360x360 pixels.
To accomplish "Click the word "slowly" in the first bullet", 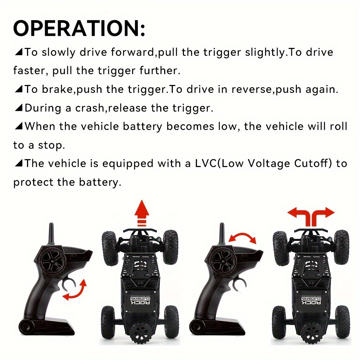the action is (58, 53).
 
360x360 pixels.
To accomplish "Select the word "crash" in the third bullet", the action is (90, 108).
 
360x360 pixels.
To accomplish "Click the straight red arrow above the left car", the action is (141, 213).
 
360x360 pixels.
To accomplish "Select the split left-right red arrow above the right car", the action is (311, 216).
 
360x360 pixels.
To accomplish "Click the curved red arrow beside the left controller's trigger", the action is (75, 290).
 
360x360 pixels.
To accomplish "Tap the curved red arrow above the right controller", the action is (242, 237).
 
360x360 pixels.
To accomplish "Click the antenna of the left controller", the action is (51, 234).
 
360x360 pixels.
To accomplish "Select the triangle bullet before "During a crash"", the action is (18, 108).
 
